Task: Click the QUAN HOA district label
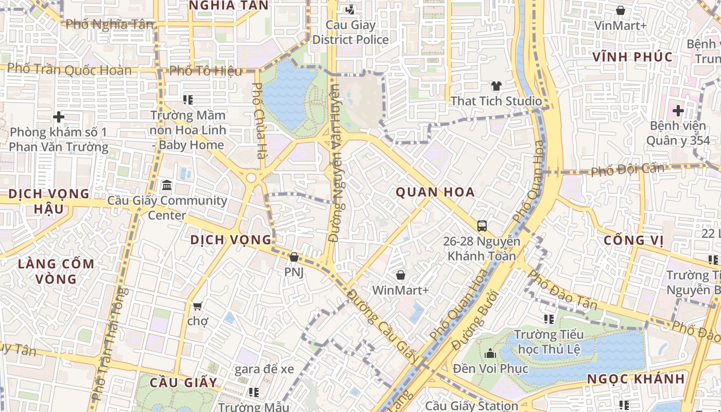[x=435, y=193]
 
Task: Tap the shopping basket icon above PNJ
[x=294, y=257]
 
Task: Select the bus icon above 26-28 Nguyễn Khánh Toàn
[x=482, y=226]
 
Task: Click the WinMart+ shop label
[x=400, y=290]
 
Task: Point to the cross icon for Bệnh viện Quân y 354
[x=678, y=110]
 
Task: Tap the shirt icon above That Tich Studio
[x=496, y=86]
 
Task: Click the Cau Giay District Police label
[x=351, y=32]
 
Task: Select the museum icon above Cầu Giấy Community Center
[x=167, y=185]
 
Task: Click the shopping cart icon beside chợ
[x=197, y=306]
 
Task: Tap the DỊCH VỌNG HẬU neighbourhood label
[x=49, y=201]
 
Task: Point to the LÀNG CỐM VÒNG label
[x=56, y=271]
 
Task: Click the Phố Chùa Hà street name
[x=258, y=121]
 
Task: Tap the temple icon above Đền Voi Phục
[x=490, y=353]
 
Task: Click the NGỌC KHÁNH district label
[x=636, y=379]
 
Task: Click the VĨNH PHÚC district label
[x=632, y=57]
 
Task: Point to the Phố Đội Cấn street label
[x=627, y=169]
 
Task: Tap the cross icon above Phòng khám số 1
[x=59, y=117]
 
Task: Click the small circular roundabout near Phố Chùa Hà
[x=251, y=178]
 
